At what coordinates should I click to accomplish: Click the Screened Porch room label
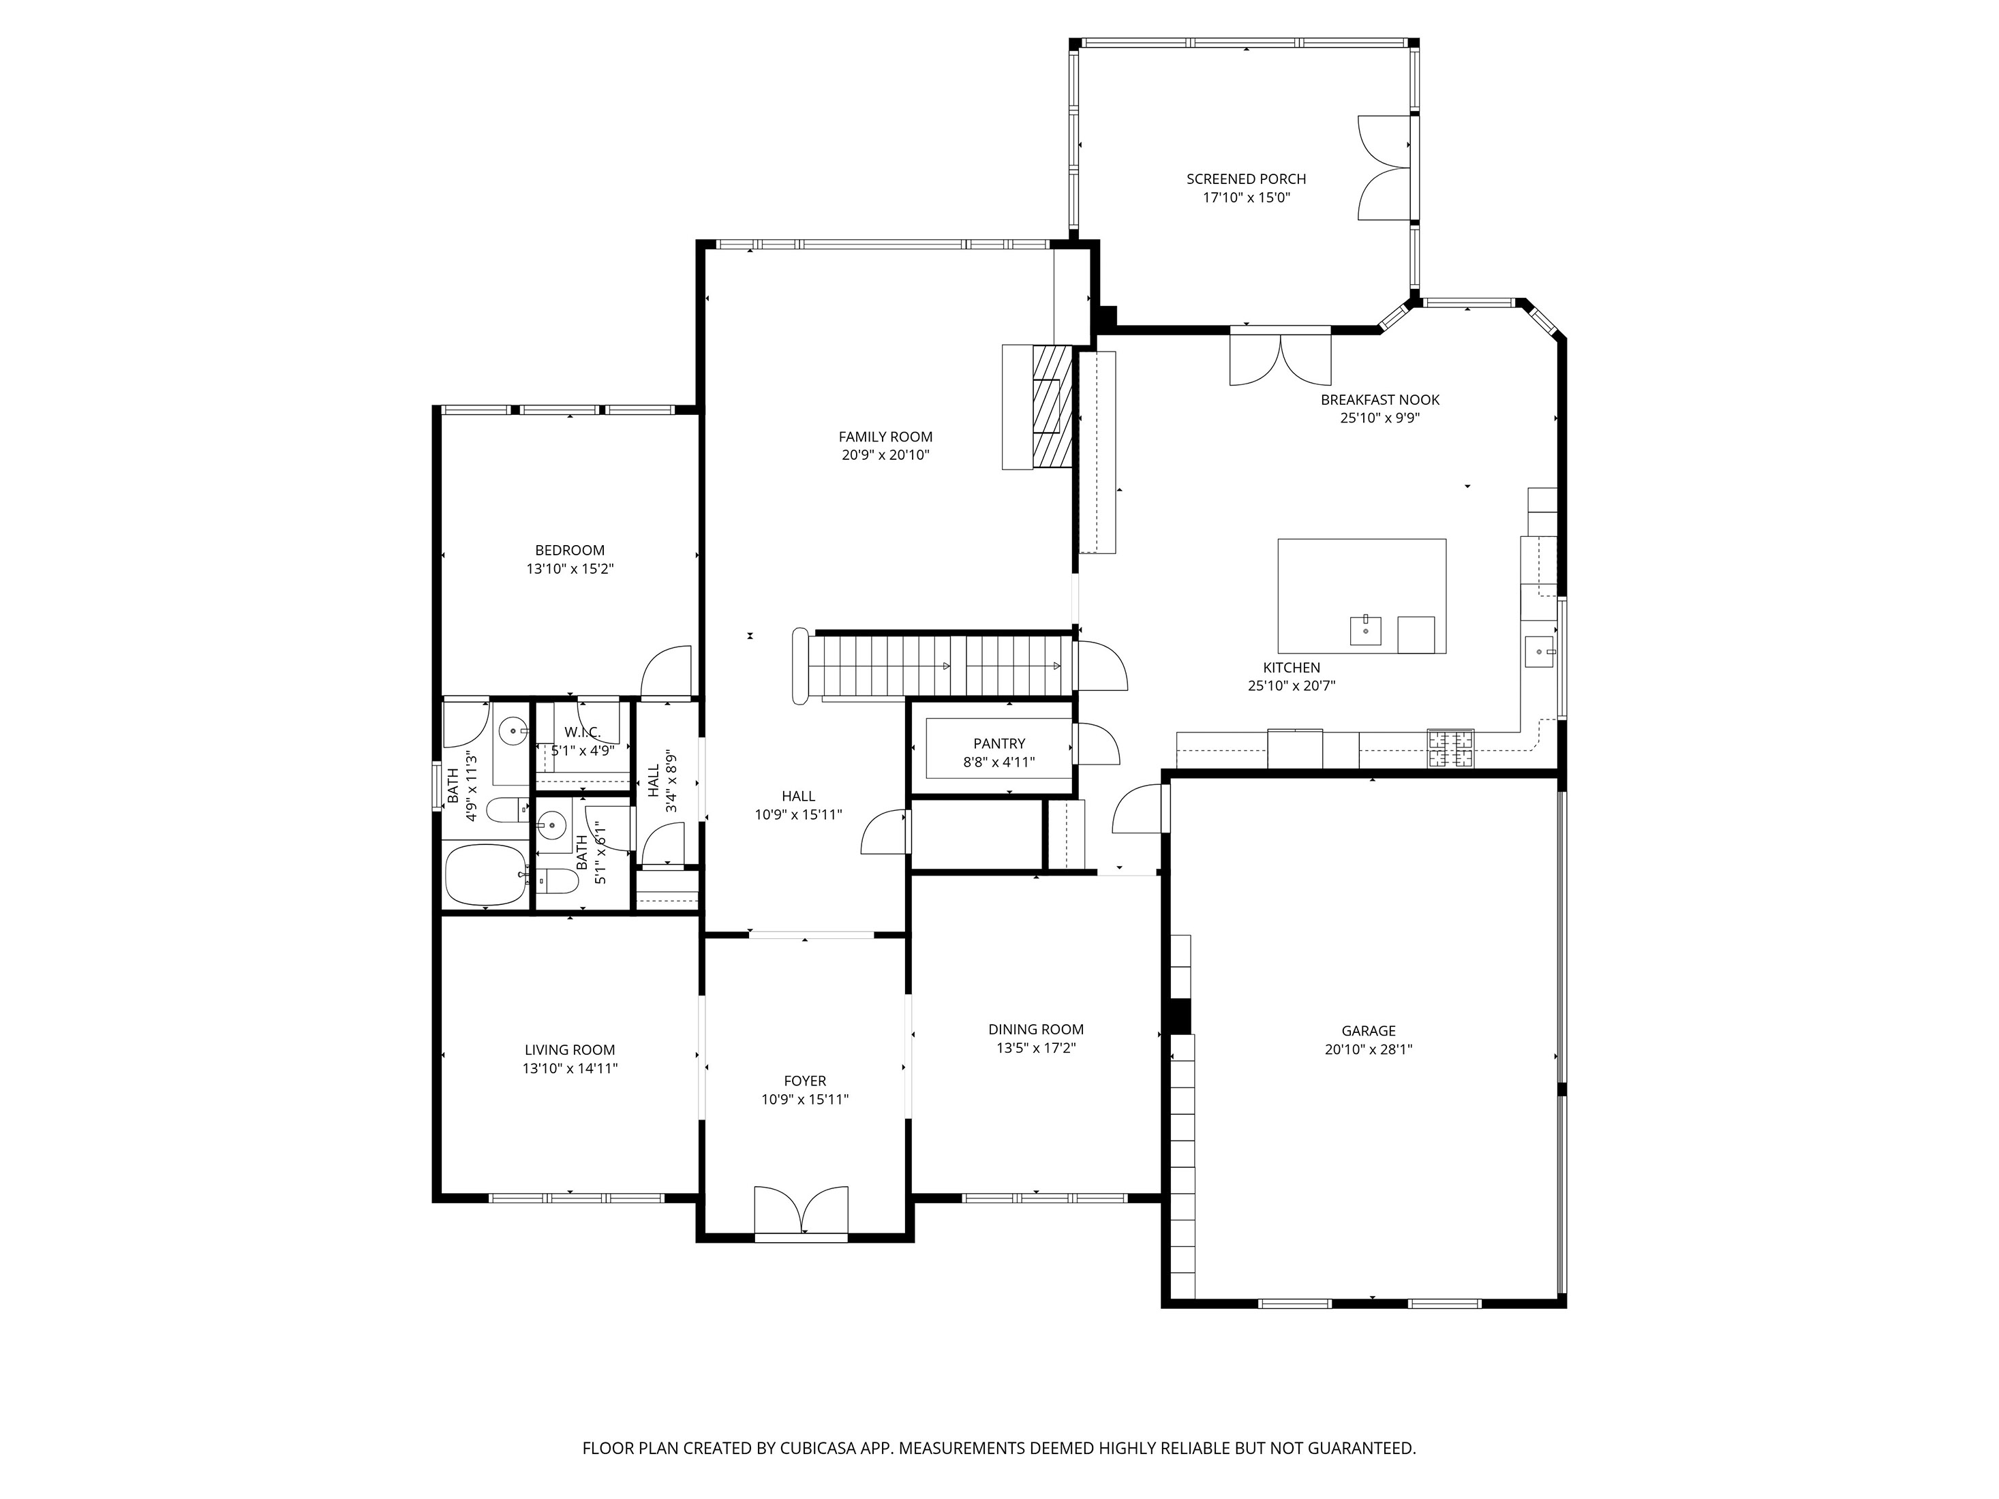tap(1245, 179)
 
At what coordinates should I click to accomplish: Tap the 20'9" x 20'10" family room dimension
tap(885, 455)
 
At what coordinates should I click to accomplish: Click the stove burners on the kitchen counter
tap(1450, 748)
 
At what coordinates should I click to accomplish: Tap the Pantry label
tap(998, 743)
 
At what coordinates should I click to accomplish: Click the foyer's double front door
tap(801, 1211)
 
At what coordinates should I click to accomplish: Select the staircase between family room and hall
tap(940, 666)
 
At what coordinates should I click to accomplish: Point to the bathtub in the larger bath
tap(485, 875)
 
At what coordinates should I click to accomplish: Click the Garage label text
tap(1368, 1031)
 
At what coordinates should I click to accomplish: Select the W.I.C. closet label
tap(582, 732)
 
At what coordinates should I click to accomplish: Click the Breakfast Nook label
tap(1379, 399)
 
